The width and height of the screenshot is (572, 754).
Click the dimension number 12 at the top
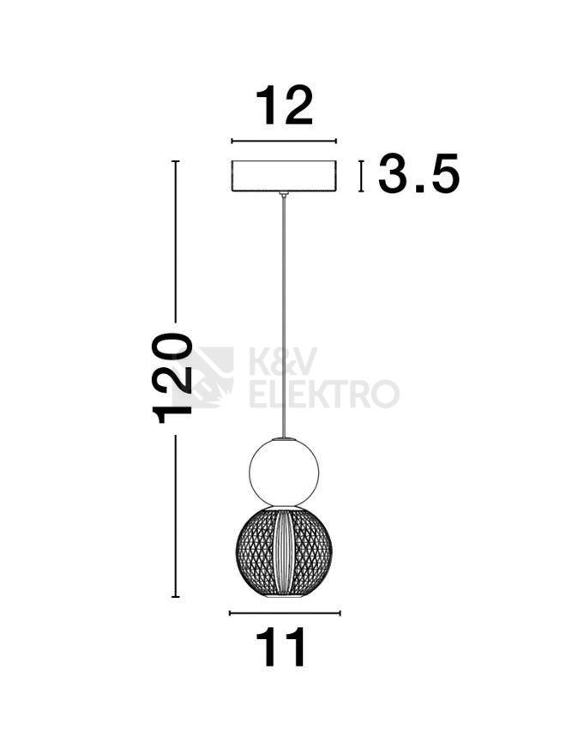(284, 106)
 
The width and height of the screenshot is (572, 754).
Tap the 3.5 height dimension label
(418, 173)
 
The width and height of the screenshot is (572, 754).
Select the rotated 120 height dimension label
(172, 377)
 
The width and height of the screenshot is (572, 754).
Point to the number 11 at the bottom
(281, 648)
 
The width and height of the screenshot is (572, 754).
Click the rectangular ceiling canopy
(284, 176)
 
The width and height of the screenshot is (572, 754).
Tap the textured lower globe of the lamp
(284, 551)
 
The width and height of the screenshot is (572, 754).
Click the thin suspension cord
(284, 317)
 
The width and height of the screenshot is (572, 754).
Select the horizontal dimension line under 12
(284, 141)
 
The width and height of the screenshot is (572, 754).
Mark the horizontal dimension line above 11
(285, 612)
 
